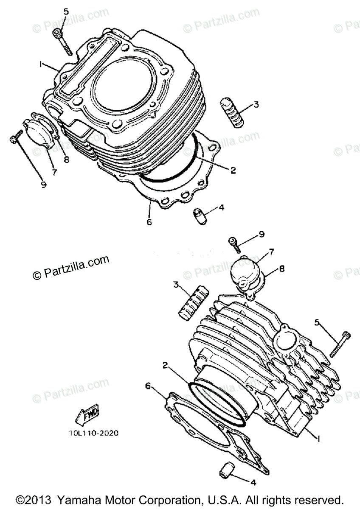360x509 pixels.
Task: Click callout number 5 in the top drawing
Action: tap(66, 11)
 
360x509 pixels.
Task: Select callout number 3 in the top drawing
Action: tap(256, 104)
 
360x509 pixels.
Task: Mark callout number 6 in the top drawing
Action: tap(149, 221)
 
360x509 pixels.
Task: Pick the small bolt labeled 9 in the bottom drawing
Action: tap(235, 243)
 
